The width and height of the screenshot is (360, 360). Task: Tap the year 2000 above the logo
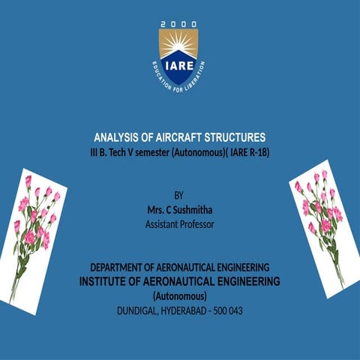[178, 25]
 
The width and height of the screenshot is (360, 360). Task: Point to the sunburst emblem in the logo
[178, 46]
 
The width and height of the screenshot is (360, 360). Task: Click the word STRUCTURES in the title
[238, 138]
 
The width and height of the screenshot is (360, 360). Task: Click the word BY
[178, 195]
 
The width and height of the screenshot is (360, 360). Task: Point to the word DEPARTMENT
[120, 267]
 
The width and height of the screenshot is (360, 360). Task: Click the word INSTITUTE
[107, 281]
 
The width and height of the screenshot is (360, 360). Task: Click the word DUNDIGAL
[139, 310]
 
